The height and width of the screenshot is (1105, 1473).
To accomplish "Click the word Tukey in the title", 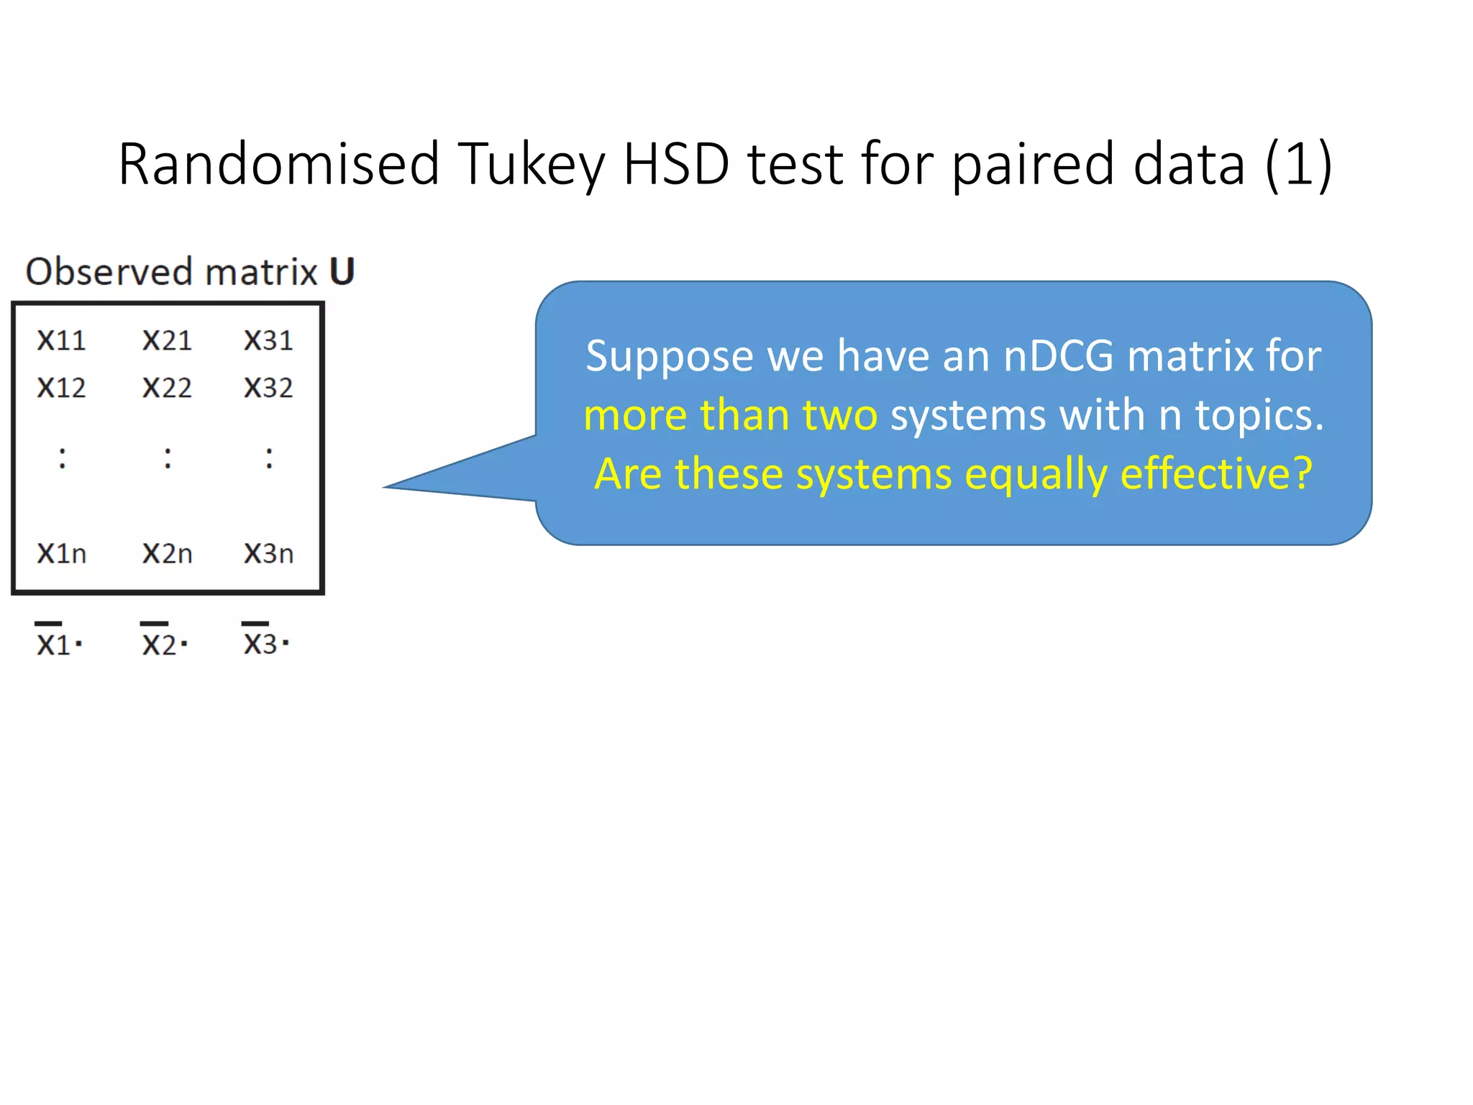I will coord(532,165).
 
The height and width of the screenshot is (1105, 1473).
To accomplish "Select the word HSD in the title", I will coord(675,164).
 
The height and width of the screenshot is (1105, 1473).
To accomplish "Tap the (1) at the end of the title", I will coord(1298,165).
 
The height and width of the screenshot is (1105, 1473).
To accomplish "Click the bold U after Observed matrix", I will coord(342,272).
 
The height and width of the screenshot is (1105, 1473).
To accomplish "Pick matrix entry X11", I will coord(62,340).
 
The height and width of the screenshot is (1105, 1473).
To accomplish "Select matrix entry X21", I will coord(167,340).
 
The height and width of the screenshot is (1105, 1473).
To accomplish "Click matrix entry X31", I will coord(268,340).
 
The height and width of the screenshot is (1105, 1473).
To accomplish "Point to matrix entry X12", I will coord(62,388).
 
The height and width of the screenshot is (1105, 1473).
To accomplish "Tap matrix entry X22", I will coord(167,388).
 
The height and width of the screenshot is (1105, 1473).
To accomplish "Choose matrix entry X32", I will coord(268,388).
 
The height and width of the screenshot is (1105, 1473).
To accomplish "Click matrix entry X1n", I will coord(62,553).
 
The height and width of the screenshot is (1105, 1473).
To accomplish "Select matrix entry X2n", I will coord(167,553).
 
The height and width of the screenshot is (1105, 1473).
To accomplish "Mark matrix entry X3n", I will coord(268,553).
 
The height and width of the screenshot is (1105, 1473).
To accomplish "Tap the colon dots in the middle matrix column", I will coord(168,458).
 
